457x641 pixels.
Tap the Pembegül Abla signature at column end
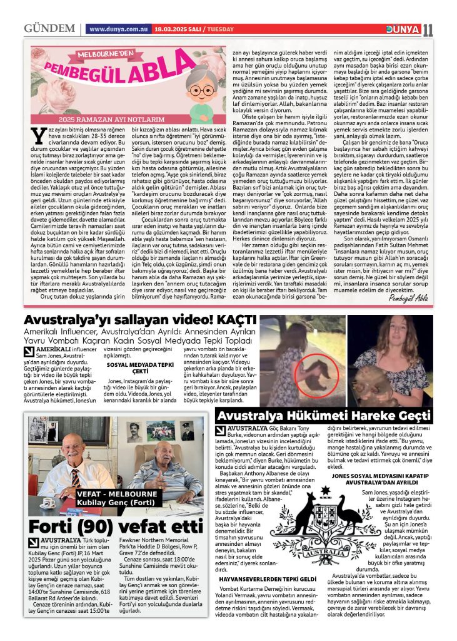coord(409,297)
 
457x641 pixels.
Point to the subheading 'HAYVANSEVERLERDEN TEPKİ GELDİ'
coord(267,579)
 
